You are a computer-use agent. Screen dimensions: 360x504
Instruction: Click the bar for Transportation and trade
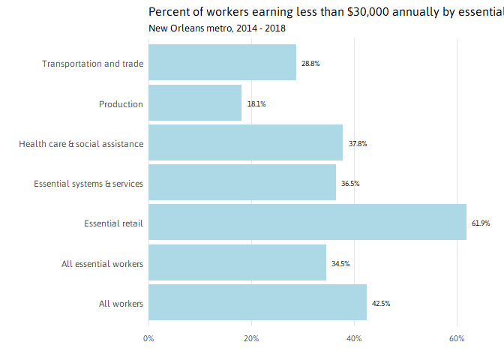222,63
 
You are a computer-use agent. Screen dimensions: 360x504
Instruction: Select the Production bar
195,103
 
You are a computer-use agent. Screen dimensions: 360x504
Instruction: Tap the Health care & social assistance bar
245,143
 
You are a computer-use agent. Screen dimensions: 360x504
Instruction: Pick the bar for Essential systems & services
242,183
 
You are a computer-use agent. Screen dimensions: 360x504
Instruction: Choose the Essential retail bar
307,223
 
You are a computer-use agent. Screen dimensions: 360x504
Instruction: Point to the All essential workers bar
237,263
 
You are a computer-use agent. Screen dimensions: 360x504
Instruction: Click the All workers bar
257,303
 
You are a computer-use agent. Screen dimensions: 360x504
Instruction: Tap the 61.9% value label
481,223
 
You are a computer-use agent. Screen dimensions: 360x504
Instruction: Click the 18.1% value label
256,104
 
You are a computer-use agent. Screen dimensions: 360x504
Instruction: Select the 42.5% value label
381,304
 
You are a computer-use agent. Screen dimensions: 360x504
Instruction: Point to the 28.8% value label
310,64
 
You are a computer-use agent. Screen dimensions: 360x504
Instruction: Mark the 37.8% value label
358,144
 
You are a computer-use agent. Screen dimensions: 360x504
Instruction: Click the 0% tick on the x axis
148,339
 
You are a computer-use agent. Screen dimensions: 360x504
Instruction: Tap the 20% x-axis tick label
251,339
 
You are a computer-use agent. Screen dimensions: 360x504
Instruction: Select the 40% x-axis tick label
354,339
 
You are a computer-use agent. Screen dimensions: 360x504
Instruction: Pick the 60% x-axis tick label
457,339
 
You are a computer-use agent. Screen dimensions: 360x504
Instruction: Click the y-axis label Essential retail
113,223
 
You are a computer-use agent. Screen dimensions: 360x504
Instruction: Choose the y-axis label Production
121,104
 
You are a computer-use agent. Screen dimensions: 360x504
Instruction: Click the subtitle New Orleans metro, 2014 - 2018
217,28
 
